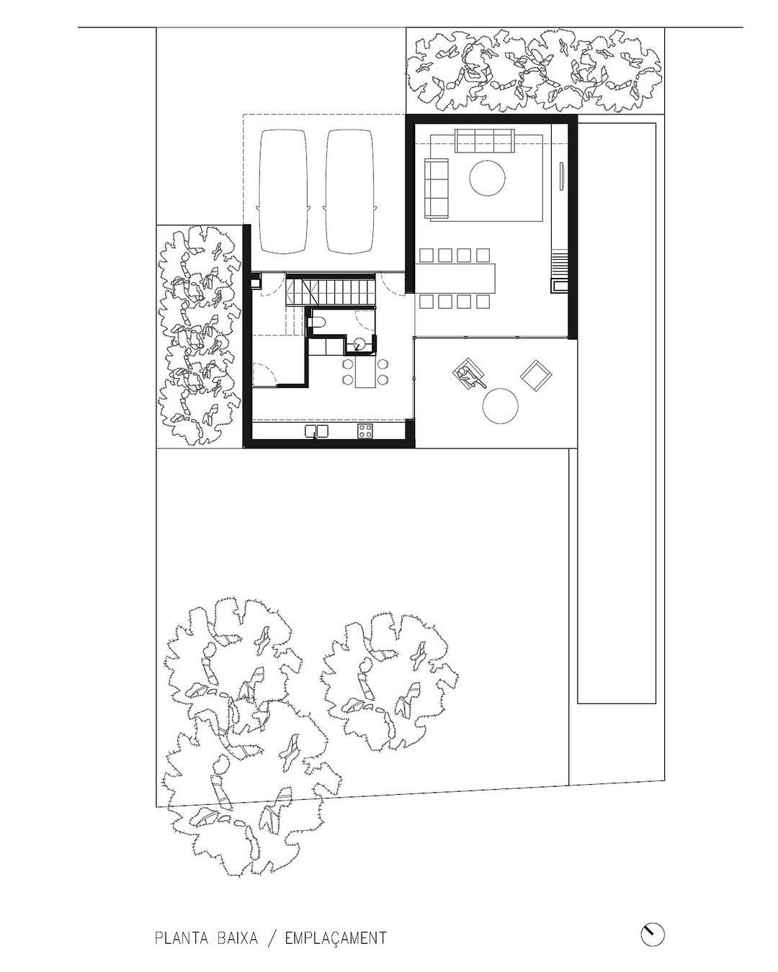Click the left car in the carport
coord(283,192)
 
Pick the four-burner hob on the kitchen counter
coord(365,431)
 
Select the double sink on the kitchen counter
coord(316,431)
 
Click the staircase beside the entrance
coord(330,292)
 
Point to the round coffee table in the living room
coord(487,178)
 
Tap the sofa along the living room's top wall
coord(484,140)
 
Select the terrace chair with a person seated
coord(468,373)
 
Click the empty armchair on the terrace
coord(536,374)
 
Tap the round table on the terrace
coord(500,406)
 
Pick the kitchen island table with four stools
coord(365,371)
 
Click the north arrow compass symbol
coord(653,932)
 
